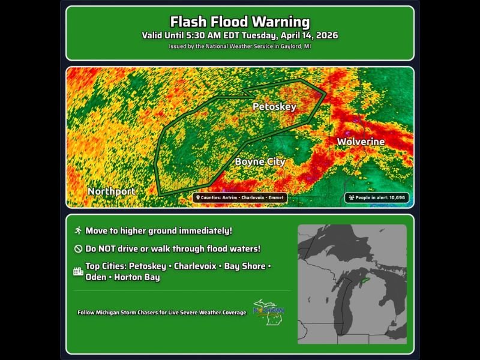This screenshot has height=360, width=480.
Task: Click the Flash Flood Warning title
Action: click(239, 22)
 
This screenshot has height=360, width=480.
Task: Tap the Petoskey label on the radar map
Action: click(274, 107)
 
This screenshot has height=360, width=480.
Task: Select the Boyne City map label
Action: click(260, 161)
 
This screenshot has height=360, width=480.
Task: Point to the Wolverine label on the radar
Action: click(361, 142)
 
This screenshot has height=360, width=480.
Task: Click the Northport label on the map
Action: click(112, 191)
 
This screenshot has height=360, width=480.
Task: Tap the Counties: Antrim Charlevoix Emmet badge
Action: click(240, 197)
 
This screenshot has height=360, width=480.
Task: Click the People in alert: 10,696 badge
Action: click(377, 197)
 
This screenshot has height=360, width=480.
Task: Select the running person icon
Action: click(77, 231)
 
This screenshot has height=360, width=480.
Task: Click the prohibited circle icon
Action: click(77, 248)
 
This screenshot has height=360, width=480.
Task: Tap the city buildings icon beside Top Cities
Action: click(77, 271)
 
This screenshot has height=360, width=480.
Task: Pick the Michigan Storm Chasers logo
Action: click(268, 312)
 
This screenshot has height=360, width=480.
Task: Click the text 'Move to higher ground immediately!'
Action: click(158, 231)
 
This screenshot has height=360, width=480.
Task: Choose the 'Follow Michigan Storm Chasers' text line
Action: click(161, 313)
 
